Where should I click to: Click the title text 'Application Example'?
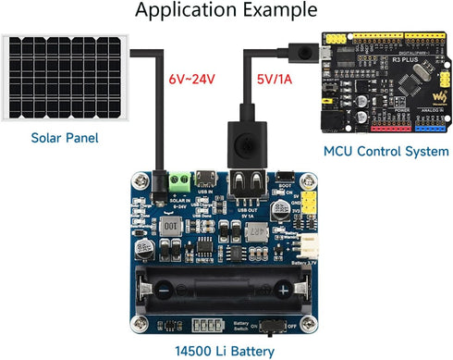tap(226, 11)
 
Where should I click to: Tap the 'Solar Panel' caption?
tap(63, 139)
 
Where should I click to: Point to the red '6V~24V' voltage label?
tap(191, 81)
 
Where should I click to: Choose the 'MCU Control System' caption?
tap(386, 151)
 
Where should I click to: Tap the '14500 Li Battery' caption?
tap(226, 351)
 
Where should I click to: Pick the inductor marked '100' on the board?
tap(169, 226)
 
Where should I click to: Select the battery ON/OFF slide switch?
tap(272, 325)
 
